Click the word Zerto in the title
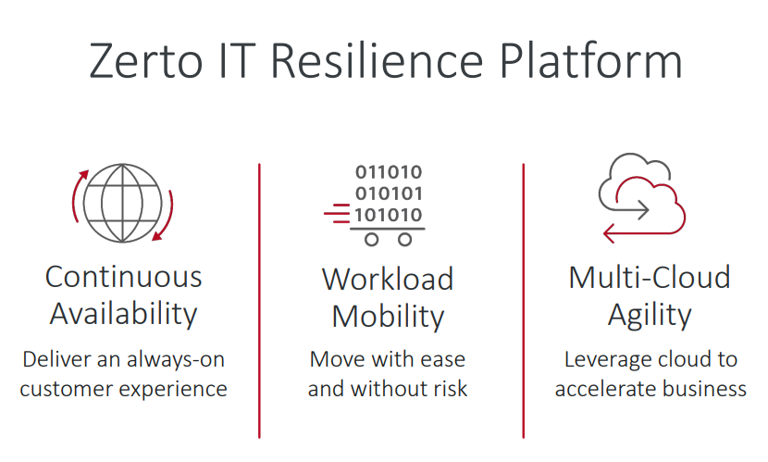pyautogui.click(x=145, y=61)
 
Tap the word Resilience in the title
pyautogui.click(x=378, y=60)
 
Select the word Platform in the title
pyautogui.click(x=590, y=60)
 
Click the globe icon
pyautogui.click(x=122, y=203)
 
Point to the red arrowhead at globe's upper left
pyautogui.click(x=84, y=174)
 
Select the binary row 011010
pyautogui.click(x=389, y=172)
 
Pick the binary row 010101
pyautogui.click(x=389, y=194)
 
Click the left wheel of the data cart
pyautogui.click(x=372, y=240)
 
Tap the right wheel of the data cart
pyautogui.click(x=405, y=240)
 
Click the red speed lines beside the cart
pyautogui.click(x=337, y=214)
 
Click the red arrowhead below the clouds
pyautogui.click(x=609, y=233)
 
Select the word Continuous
pyautogui.click(x=123, y=277)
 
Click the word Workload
pyautogui.click(x=388, y=280)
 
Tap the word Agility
pyautogui.click(x=650, y=315)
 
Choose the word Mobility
pyautogui.click(x=388, y=317)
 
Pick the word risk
pyautogui.click(x=451, y=389)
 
